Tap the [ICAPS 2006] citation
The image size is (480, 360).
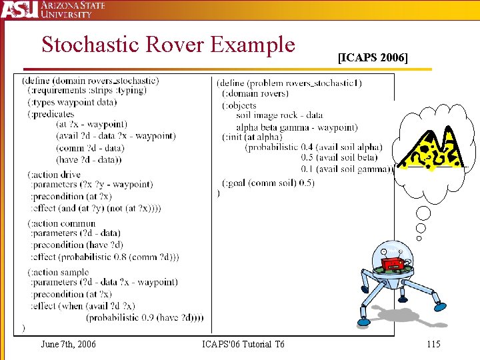pyautogui.click(x=373, y=58)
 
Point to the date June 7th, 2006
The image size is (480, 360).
pyautogui.click(x=68, y=344)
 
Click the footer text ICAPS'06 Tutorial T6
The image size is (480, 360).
pyautogui.click(x=243, y=344)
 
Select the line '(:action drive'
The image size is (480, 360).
pyautogui.click(x=54, y=175)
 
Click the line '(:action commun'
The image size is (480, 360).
pyautogui.click(x=61, y=223)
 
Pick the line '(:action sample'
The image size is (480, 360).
pyautogui.click(x=58, y=272)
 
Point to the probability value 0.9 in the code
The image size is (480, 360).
pyautogui.click(x=143, y=317)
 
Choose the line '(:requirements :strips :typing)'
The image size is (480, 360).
pyautogui.click(x=87, y=91)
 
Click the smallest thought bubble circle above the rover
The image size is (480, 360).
pyautogui.click(x=419, y=238)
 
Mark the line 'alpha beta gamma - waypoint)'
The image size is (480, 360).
pyautogui.click(x=297, y=127)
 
